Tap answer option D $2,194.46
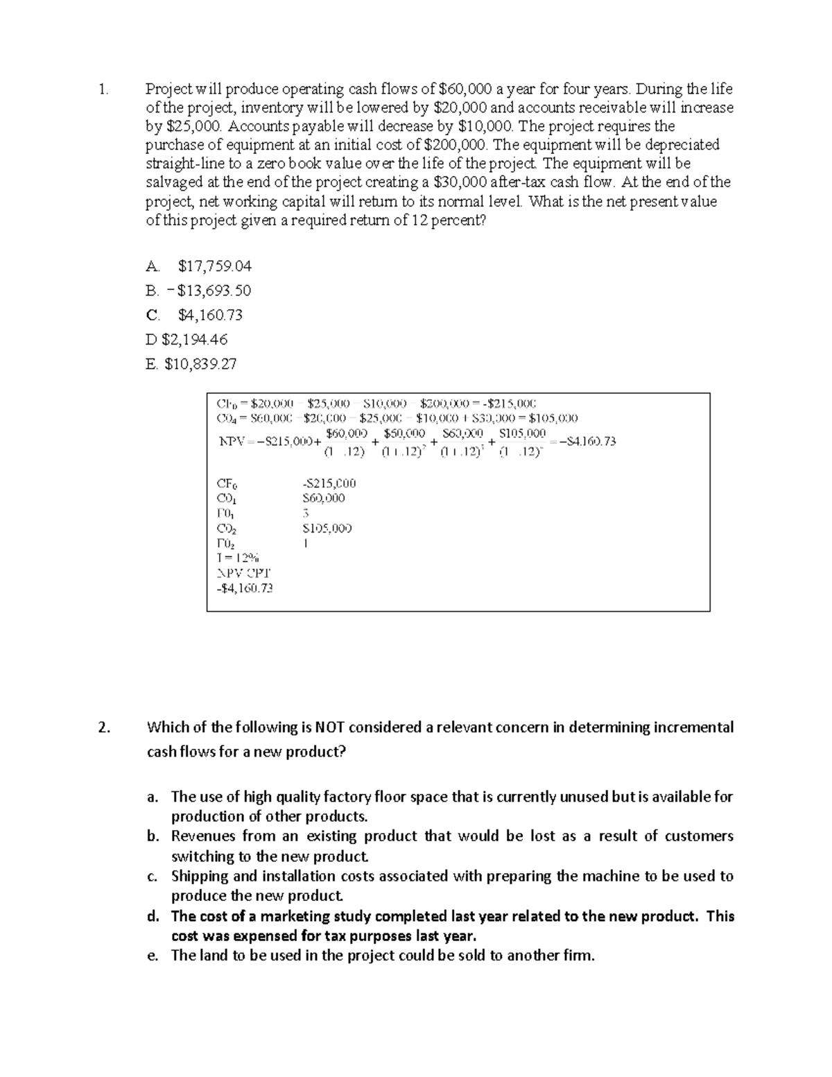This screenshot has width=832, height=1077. pyautogui.click(x=187, y=339)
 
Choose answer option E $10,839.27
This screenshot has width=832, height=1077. pyautogui.click(x=191, y=363)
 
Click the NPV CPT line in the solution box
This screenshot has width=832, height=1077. pyautogui.click(x=243, y=573)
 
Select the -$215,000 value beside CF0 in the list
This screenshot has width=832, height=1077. pyautogui.click(x=329, y=483)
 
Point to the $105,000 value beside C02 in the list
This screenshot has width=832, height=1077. pyautogui.click(x=327, y=528)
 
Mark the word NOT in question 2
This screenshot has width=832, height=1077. pyautogui.click(x=330, y=727)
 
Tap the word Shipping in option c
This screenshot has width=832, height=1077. pyautogui.click(x=198, y=876)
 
